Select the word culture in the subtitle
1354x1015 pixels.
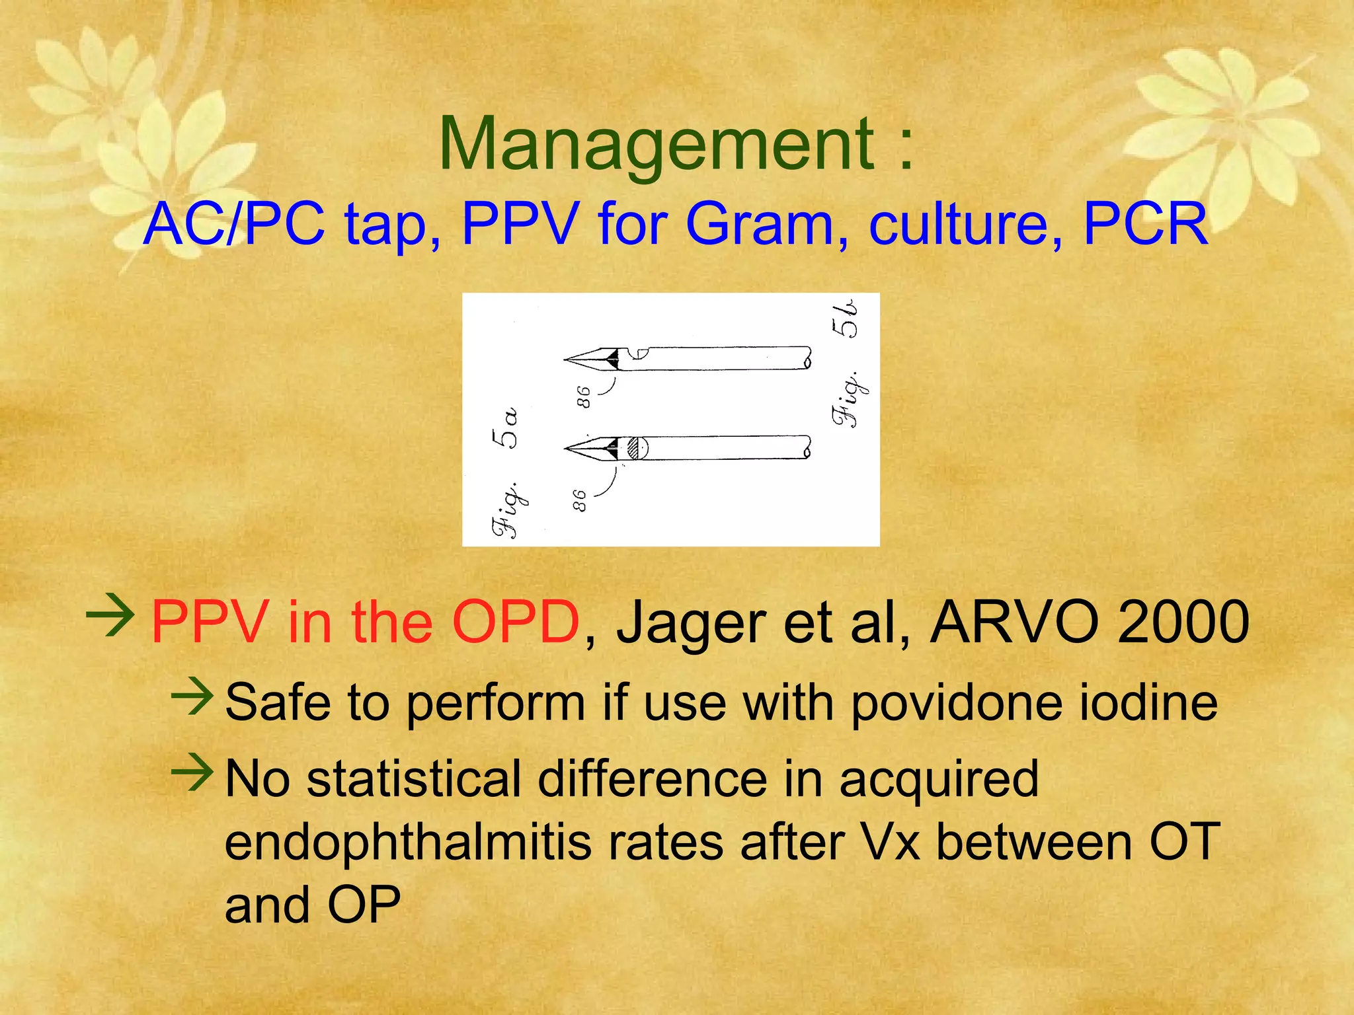coord(966,225)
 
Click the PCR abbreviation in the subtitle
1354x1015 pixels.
coord(1146,225)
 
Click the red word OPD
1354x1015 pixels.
coord(515,622)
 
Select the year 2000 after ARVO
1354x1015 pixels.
coord(1183,622)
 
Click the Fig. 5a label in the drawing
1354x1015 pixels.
coord(506,472)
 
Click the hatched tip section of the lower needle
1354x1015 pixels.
coord(636,449)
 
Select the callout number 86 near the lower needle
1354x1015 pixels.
coord(579,500)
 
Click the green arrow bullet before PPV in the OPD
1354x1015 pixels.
coord(110,616)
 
